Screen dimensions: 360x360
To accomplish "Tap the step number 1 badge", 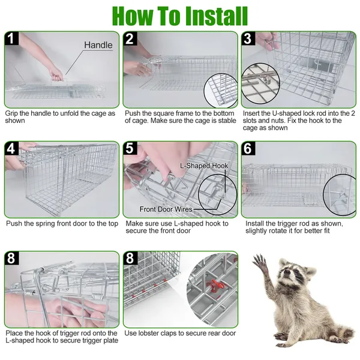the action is pos(11,38).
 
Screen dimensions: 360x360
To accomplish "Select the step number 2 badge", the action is pos(130,38).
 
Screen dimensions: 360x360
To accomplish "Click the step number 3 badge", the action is pos(248,38).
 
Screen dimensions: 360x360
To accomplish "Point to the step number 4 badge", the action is pos(11,148).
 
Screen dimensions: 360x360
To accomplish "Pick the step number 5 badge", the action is pos(130,148).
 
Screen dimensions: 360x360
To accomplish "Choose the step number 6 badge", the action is pos(248,148).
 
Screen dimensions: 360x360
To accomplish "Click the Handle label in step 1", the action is pos(98,45).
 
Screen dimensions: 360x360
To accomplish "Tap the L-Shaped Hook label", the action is pos(204,166).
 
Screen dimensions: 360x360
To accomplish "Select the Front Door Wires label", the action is pos(166,209).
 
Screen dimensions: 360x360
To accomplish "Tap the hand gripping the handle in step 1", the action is pos(56,74).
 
